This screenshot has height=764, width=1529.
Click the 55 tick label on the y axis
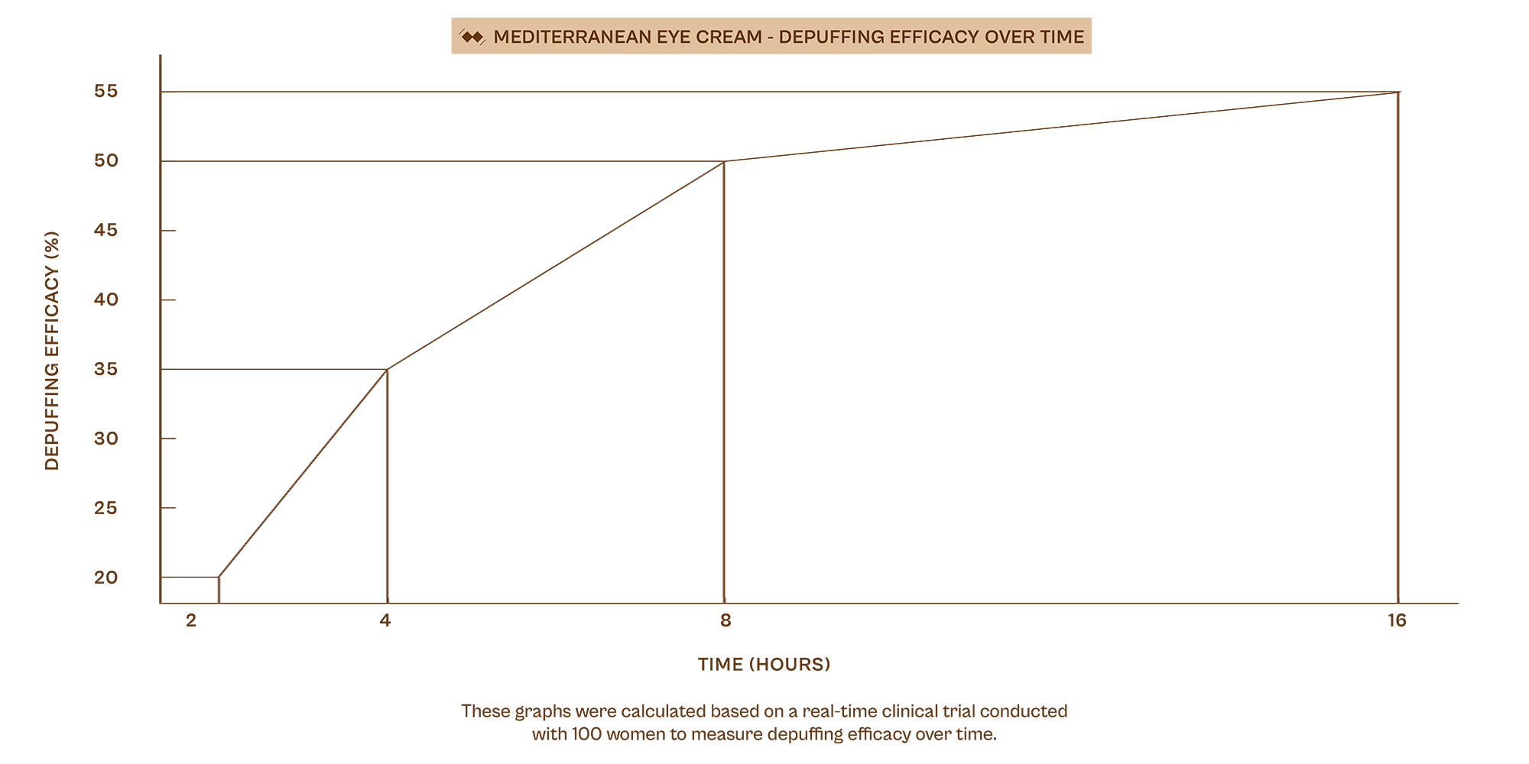(x=106, y=92)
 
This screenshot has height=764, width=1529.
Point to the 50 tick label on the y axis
(x=106, y=161)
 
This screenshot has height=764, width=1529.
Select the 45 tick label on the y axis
(x=106, y=231)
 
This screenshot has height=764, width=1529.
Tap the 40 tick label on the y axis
(x=106, y=299)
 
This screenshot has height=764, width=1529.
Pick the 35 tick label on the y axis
(x=106, y=369)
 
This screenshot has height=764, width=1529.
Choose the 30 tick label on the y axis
(x=106, y=439)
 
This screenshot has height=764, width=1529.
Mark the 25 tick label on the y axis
(x=106, y=508)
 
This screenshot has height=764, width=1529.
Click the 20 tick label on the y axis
(x=106, y=578)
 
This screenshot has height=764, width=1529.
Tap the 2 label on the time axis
(x=191, y=621)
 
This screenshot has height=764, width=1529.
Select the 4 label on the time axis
(x=385, y=620)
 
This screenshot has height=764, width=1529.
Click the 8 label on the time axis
(x=725, y=620)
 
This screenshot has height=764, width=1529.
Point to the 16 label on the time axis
(x=1397, y=620)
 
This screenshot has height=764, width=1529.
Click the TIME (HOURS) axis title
(x=764, y=665)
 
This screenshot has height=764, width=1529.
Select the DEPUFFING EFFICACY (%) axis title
(x=52, y=351)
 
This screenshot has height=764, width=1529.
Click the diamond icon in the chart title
(x=472, y=37)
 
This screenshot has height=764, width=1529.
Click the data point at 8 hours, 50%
(x=724, y=161)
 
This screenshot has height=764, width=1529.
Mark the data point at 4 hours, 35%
(x=388, y=369)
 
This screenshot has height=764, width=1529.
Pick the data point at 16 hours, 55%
(x=1398, y=92)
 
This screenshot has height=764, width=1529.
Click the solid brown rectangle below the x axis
(x=814, y=619)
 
